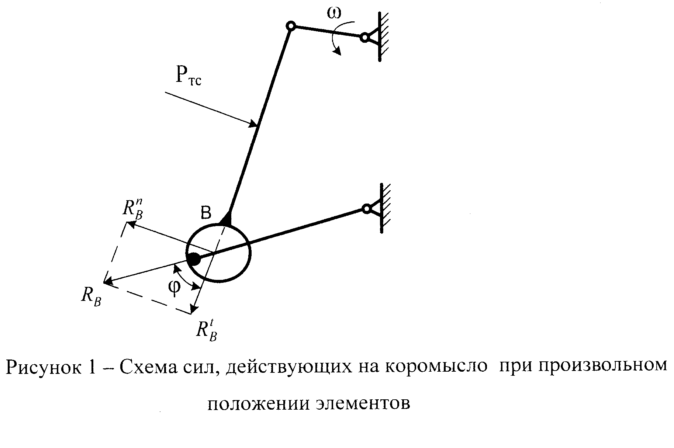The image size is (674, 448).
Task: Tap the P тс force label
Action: [x=188, y=77]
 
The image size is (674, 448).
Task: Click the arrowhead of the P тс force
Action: [x=253, y=125]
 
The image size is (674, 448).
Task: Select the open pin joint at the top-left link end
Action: [x=291, y=26]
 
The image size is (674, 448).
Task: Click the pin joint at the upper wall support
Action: [x=364, y=38]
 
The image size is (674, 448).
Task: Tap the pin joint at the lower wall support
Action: [x=366, y=209]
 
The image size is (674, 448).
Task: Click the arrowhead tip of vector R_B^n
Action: [x=127, y=222]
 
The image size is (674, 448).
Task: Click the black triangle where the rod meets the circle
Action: [x=226, y=219]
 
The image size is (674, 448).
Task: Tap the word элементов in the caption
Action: [x=363, y=404]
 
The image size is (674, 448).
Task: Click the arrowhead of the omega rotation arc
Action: [x=337, y=53]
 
